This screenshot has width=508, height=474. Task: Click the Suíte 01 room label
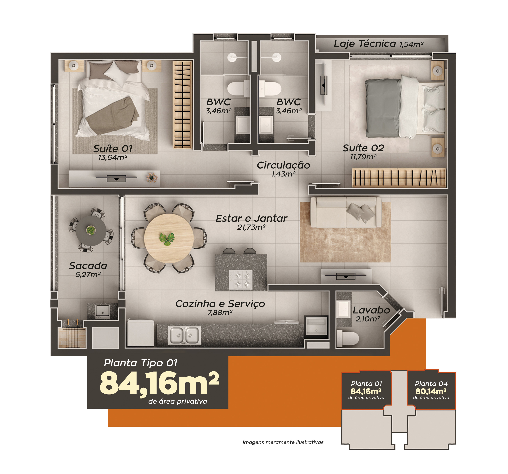113,149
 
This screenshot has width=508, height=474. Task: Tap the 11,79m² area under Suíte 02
363,157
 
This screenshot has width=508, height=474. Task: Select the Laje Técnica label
365,44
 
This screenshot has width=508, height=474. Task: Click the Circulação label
283,165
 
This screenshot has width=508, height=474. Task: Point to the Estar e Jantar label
251,218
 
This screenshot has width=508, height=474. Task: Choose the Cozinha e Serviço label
220,304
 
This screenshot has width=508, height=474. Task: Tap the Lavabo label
371,310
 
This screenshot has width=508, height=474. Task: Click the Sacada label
88,266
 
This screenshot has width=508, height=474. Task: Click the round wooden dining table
169,238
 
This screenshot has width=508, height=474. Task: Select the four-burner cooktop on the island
241,280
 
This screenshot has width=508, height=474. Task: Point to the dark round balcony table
91,231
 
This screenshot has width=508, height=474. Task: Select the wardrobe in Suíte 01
182,104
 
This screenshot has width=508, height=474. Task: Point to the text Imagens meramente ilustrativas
283,442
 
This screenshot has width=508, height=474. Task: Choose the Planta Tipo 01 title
141,363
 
